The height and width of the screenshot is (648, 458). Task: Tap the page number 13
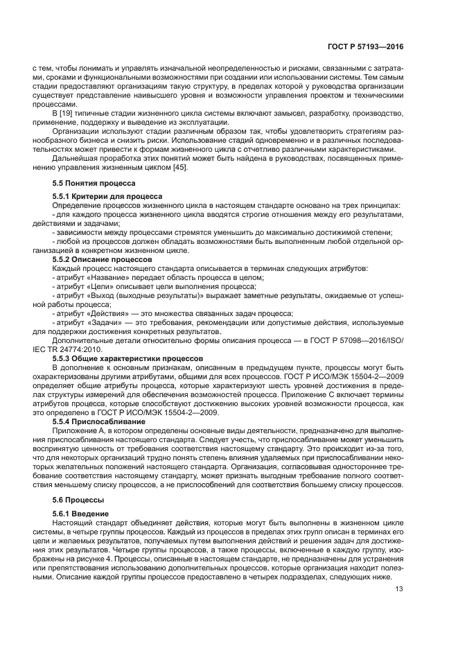click(399, 589)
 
